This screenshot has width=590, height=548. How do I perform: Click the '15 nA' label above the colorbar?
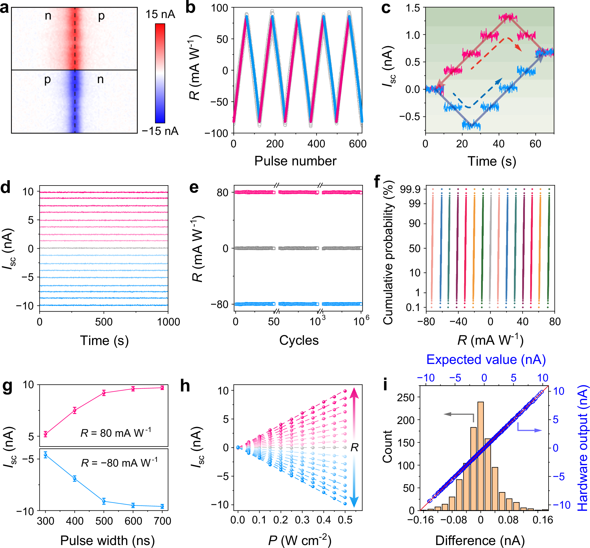(x=160, y=14)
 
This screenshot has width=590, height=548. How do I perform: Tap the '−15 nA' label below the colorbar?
(x=160, y=131)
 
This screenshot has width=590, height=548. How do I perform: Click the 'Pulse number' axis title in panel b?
(x=295, y=161)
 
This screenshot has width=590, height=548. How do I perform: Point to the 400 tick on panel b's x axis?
(x=316, y=144)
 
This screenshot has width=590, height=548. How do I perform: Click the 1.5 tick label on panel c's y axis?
(x=413, y=8)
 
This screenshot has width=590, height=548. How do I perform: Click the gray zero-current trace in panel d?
(x=104, y=248)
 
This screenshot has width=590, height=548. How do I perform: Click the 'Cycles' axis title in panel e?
(x=299, y=340)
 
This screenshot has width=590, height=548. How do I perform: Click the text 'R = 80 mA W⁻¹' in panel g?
(x=116, y=433)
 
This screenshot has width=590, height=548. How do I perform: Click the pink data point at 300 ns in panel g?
(x=45, y=434)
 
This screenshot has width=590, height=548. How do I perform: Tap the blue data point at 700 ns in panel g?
(x=162, y=507)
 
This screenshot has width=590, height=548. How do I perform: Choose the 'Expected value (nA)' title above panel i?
(x=486, y=360)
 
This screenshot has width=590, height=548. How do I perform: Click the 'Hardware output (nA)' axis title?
(x=583, y=448)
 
